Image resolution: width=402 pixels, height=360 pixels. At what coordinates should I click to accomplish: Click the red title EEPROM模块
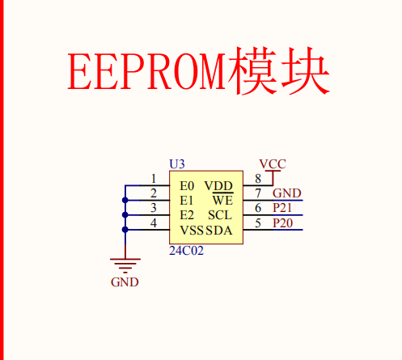click(198, 73)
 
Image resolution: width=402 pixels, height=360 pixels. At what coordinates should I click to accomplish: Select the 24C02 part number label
click(186, 252)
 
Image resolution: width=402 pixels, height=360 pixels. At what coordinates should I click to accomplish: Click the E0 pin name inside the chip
click(187, 186)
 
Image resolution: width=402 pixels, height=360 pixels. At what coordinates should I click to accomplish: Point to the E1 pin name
click(187, 201)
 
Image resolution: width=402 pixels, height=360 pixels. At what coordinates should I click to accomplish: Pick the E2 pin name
click(187, 215)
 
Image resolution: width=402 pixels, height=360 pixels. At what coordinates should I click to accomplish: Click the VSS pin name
click(192, 231)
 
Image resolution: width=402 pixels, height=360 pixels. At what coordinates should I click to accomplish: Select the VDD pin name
click(219, 186)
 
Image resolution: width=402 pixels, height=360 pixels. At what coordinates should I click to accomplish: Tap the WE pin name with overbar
click(222, 201)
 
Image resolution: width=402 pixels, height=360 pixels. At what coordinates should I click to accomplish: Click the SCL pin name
click(220, 215)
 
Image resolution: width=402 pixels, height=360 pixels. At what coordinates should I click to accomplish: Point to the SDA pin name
click(219, 231)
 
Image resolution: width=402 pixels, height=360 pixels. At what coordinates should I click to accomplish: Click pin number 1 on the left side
click(154, 179)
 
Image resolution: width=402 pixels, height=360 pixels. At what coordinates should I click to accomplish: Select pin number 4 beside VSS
click(154, 222)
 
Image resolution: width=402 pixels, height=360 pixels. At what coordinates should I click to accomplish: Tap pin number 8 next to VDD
click(258, 179)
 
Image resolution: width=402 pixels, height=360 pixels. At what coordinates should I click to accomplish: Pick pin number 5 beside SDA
click(258, 222)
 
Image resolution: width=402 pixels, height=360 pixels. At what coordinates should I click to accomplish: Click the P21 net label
click(283, 208)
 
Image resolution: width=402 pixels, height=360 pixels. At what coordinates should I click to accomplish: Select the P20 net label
click(283, 222)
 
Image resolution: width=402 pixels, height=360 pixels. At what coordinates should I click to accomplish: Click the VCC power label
click(273, 163)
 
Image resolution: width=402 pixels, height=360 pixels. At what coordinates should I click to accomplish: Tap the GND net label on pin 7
click(286, 193)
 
